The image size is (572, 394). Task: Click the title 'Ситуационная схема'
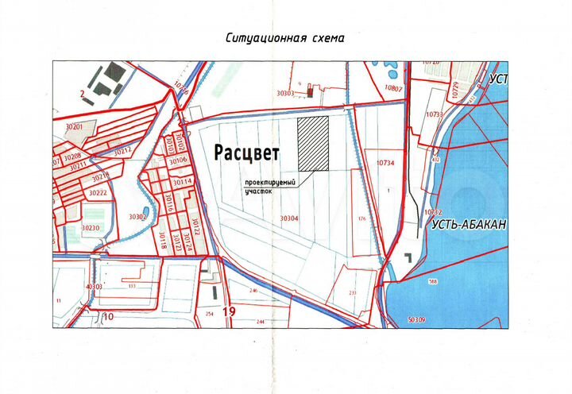[x=285, y=37]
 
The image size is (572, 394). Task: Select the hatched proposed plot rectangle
[x=313, y=143]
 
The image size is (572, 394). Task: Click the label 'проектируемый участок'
[x=269, y=187]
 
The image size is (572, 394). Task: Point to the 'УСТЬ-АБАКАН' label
[x=469, y=225]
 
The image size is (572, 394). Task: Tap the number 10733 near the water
[x=434, y=115]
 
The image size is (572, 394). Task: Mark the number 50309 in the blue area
[x=415, y=319]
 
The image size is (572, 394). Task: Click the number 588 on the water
[x=455, y=281]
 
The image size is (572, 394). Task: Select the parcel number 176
[x=361, y=218]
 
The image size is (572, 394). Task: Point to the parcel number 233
[x=353, y=292]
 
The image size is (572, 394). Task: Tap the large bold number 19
[x=230, y=311]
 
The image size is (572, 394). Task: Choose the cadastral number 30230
[x=90, y=228]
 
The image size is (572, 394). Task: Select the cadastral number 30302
[x=137, y=216]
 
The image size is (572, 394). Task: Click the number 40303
[x=94, y=286]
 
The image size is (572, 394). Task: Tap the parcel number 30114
[x=183, y=182]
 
